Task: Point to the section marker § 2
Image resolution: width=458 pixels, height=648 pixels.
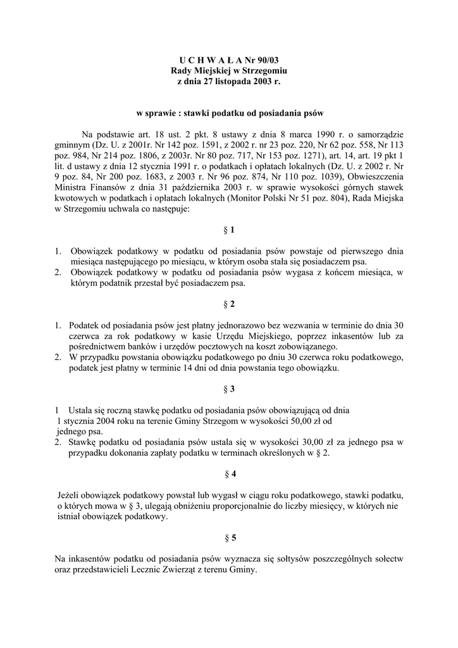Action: click(x=229, y=304)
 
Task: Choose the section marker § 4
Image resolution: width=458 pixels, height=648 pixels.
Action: click(x=229, y=473)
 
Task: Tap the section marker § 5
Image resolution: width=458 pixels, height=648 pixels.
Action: click(x=229, y=538)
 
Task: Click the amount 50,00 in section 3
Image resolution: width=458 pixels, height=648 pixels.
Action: click(x=298, y=421)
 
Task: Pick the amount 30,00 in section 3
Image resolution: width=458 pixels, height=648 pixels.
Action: click(x=312, y=442)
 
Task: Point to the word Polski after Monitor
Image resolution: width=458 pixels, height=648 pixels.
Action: click(x=300, y=199)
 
